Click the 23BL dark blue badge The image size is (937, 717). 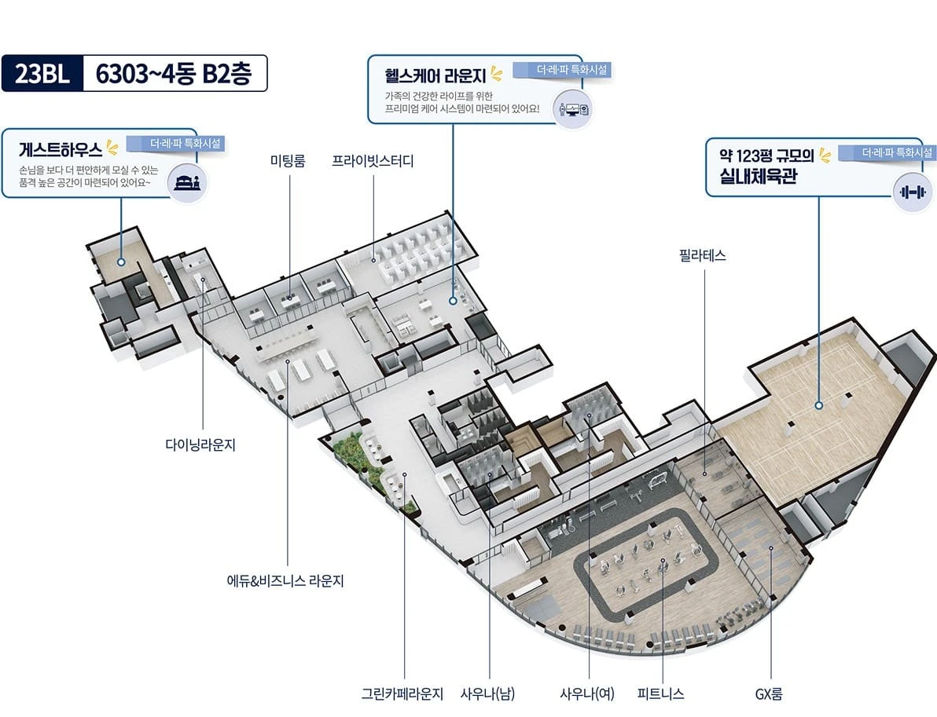[42, 74]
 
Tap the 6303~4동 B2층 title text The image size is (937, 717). [173, 74]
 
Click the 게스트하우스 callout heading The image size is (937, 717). [61, 149]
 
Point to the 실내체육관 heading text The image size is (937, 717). [759, 176]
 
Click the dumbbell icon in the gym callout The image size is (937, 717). [913, 192]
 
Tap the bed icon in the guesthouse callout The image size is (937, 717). [188, 182]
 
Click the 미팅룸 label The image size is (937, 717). [288, 160]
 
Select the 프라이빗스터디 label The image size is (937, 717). [373, 160]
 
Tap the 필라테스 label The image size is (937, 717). [703, 255]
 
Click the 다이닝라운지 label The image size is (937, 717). [200, 444]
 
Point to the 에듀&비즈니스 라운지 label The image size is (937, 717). [285, 580]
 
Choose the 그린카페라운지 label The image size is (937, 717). [402, 693]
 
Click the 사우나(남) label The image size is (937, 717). [487, 693]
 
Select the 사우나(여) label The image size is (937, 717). [587, 693]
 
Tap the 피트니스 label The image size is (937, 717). [660, 693]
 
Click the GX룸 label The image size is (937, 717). [769, 693]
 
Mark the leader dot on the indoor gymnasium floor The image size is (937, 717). [818, 405]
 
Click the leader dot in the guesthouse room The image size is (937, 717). [121, 262]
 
